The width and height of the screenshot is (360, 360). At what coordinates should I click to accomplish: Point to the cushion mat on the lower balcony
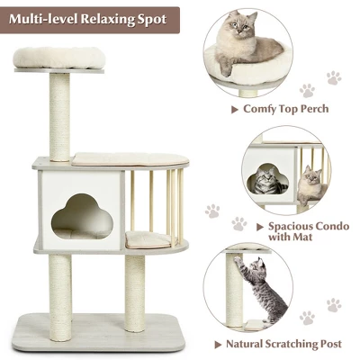(148, 239)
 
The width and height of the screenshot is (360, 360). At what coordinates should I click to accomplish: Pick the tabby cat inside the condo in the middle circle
(269, 182)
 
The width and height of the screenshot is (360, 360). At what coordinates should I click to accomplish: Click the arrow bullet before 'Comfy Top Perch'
(234, 109)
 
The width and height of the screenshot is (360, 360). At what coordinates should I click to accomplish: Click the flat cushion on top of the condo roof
(117, 157)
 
